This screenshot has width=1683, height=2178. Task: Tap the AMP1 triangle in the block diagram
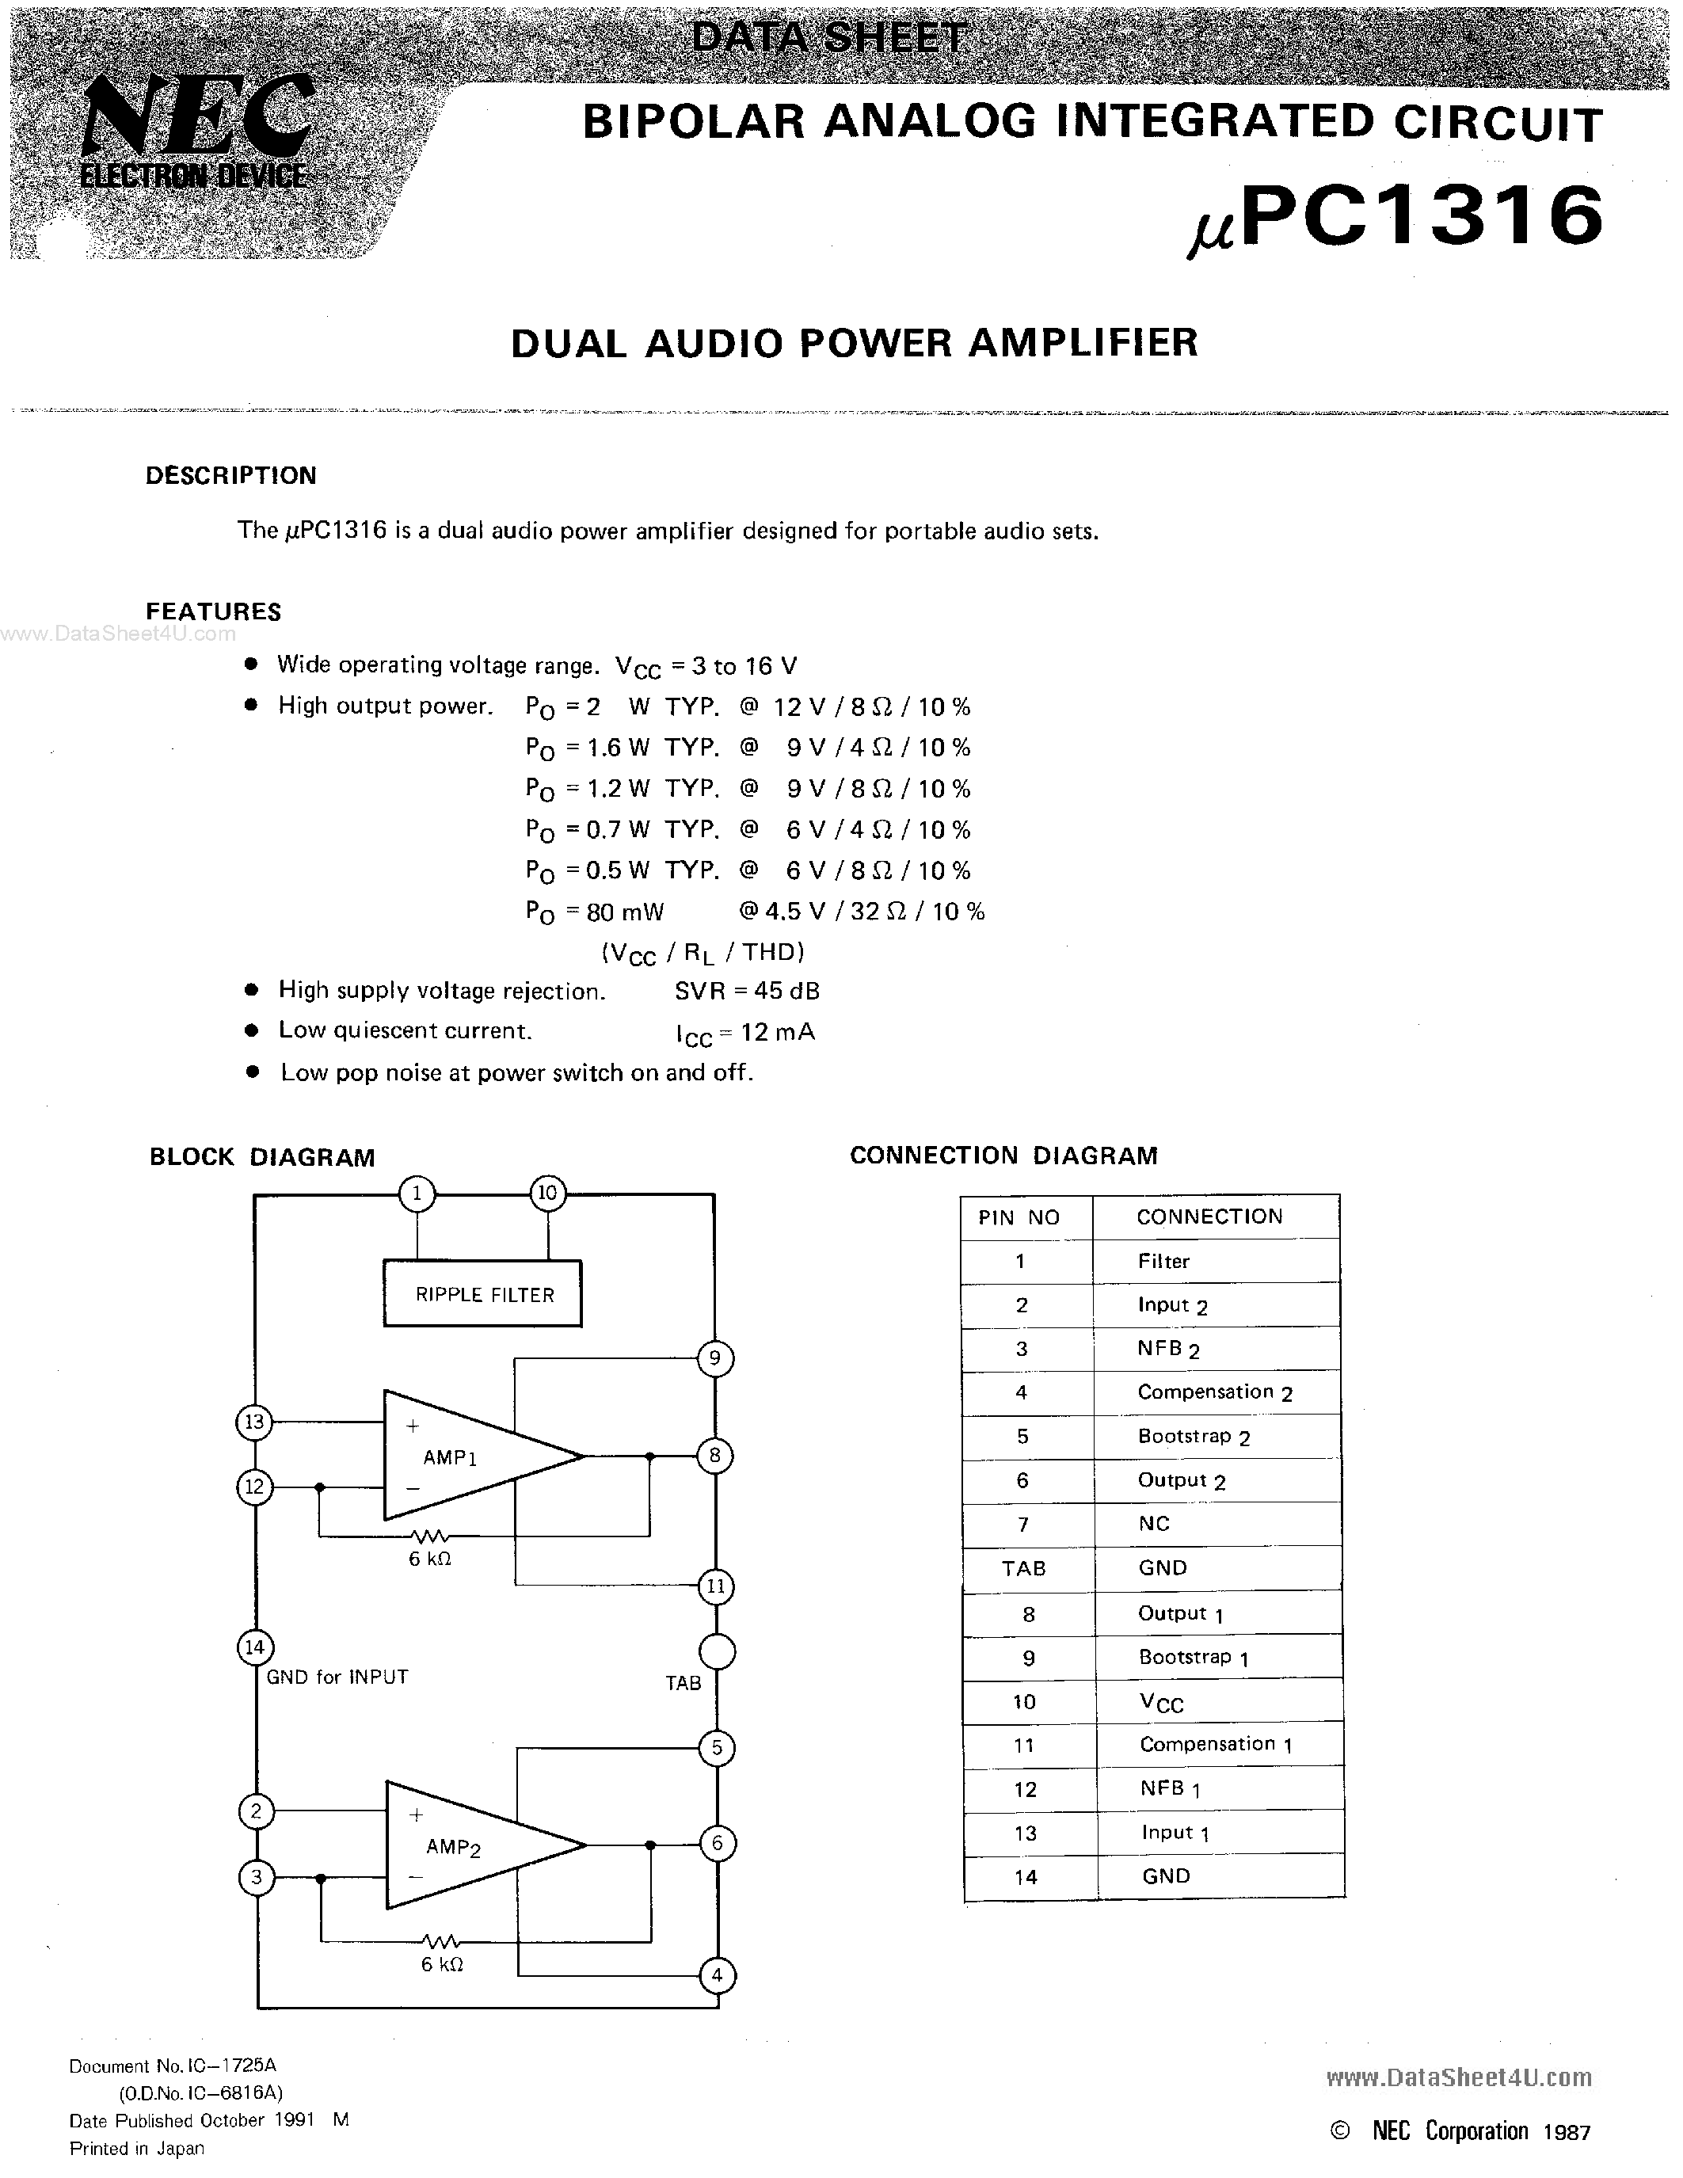pos(469,1456)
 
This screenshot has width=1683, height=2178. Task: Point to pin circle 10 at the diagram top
pos(547,1193)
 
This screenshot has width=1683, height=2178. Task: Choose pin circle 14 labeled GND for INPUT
pos(255,1647)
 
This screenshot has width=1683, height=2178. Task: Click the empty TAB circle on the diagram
pos(716,1651)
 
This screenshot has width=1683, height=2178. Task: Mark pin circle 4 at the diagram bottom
pos(716,1974)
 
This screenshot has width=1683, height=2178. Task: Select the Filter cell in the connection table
pos(1163,1262)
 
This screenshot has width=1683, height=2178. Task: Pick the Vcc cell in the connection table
pos(1162,1702)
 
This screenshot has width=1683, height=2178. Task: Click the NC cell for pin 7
pos(1154,1524)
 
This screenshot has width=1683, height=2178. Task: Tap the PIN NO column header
pos(1019,1217)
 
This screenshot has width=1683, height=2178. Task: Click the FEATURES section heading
pos(213,611)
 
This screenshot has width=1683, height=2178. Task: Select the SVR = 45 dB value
pos(747,990)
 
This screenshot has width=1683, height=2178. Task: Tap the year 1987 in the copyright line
pos(1565,2132)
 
